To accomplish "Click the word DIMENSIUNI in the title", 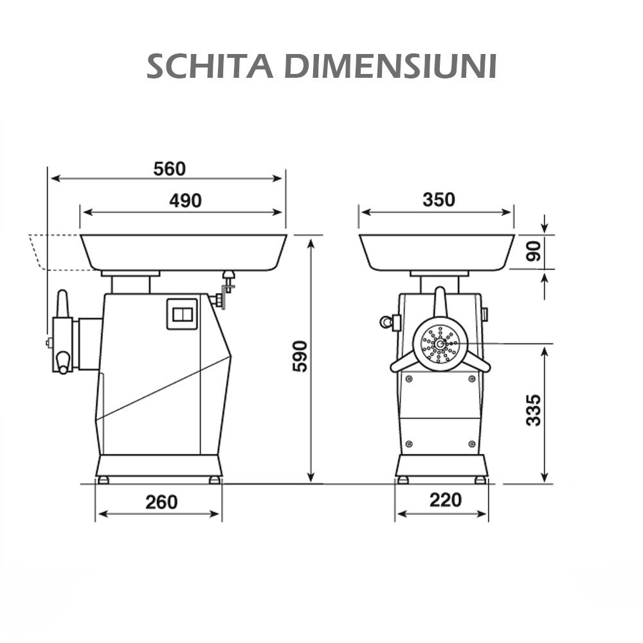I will (391, 66).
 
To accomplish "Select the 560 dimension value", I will (169, 168).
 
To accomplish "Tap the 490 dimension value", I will (185, 201).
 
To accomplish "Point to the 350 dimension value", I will (439, 199).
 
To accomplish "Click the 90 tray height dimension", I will (533, 251).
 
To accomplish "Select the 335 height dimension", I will (533, 410).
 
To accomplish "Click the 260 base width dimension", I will (161, 502).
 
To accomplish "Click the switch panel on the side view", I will (181, 314).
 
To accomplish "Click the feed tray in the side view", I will (183, 252).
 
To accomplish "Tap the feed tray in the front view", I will (437, 252).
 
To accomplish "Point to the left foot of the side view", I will (103, 480).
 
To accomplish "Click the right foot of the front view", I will (480, 480).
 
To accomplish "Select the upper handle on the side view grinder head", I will (62, 303).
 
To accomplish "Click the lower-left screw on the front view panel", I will (409, 444).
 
